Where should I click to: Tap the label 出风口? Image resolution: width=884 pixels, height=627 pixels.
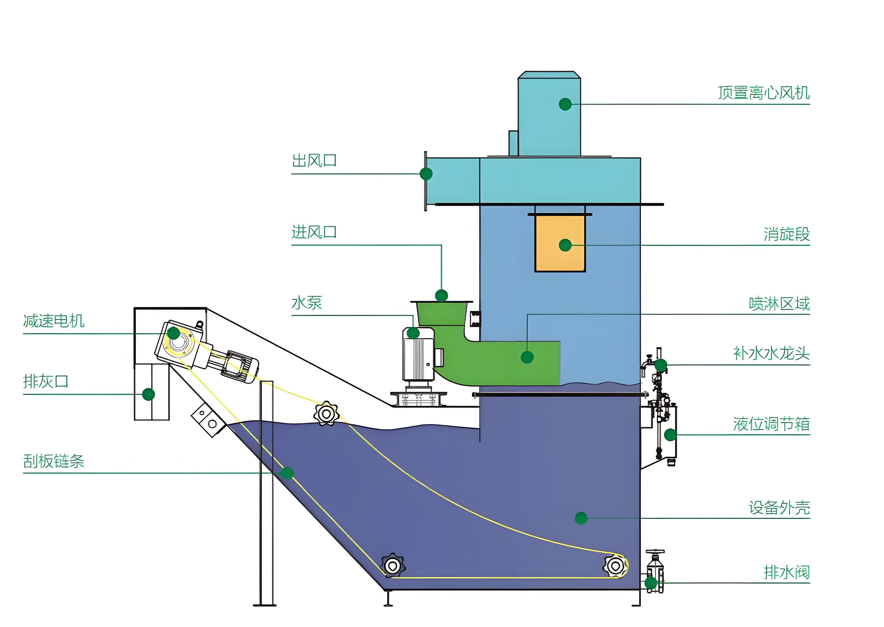(314, 161)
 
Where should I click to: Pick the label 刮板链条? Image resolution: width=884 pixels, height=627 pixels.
(54, 461)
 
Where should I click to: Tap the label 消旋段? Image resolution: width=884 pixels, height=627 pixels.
(786, 234)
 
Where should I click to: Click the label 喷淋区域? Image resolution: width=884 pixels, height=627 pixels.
(779, 304)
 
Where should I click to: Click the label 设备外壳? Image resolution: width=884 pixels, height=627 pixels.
(779, 508)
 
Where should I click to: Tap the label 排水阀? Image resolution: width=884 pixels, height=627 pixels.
(786, 572)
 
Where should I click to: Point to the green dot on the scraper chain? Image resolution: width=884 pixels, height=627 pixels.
(287, 473)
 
